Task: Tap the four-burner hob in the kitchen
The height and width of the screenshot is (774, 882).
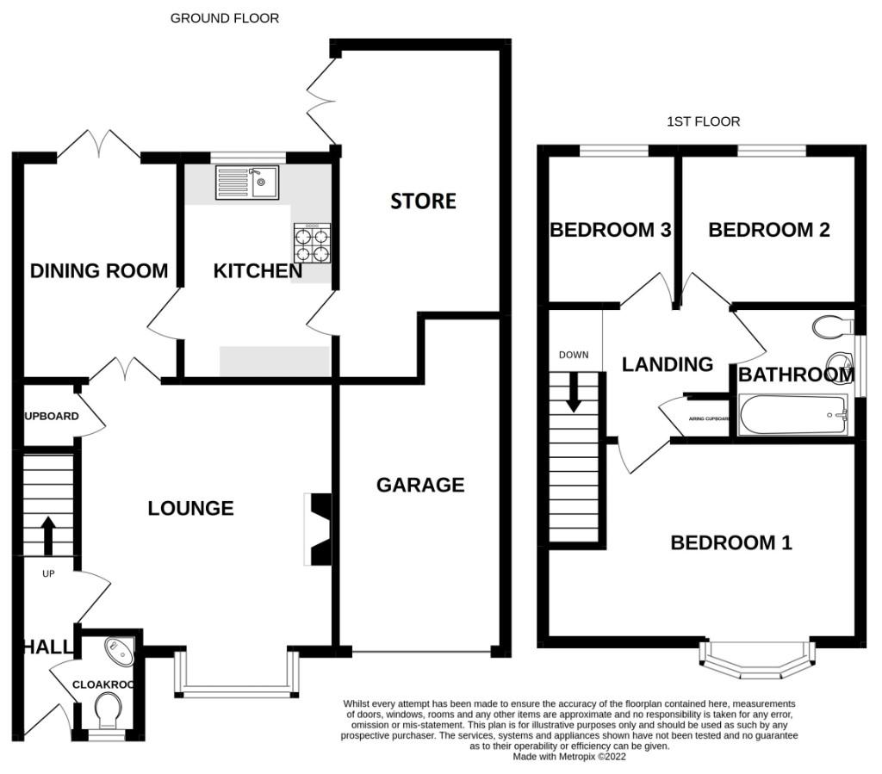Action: pyautogui.click(x=312, y=244)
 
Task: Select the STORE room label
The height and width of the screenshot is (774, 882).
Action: pyautogui.click(x=423, y=201)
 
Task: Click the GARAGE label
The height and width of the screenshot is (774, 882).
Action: pyautogui.click(x=420, y=485)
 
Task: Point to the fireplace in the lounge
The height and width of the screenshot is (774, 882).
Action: pyautogui.click(x=319, y=529)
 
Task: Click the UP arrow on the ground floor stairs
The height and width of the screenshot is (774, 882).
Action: pyautogui.click(x=47, y=534)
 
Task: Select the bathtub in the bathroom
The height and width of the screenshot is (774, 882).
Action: pyautogui.click(x=793, y=415)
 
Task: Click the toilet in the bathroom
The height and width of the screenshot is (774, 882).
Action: pyautogui.click(x=831, y=326)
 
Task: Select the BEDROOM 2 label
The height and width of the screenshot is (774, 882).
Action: pyautogui.click(x=768, y=230)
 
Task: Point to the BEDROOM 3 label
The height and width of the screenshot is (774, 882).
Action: pyautogui.click(x=611, y=230)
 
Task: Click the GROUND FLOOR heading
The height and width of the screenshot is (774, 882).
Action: pyautogui.click(x=224, y=18)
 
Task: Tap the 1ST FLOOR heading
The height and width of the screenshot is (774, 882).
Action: pyautogui.click(x=703, y=121)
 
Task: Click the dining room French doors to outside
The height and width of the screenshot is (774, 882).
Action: pyautogui.click(x=99, y=144)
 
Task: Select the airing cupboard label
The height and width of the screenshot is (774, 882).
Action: pyautogui.click(x=709, y=419)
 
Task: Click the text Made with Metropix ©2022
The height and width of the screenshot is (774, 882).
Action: pyautogui.click(x=568, y=757)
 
